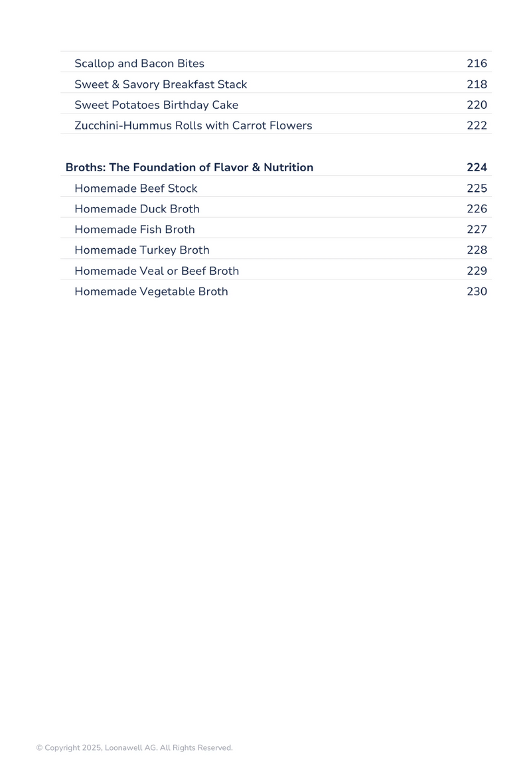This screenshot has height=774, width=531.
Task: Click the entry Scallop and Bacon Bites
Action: [x=139, y=64]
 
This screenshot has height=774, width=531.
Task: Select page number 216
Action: [x=477, y=64]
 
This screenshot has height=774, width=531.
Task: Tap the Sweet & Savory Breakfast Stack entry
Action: [x=161, y=84]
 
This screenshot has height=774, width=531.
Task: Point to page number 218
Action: [x=477, y=84]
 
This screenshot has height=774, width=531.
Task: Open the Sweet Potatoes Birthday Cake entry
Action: [x=156, y=105]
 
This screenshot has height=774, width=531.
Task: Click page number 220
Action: [x=477, y=105]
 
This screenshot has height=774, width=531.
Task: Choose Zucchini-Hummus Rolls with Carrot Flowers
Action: [x=193, y=125]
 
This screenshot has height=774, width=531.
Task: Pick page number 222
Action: [x=477, y=125]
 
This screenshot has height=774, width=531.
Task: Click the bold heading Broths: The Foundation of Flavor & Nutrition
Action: [x=189, y=167]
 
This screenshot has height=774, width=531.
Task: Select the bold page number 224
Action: [x=477, y=167]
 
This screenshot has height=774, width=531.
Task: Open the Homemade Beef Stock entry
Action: [x=136, y=189]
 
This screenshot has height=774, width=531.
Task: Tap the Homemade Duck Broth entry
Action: [x=137, y=209]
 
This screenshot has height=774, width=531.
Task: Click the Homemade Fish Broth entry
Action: [x=135, y=230]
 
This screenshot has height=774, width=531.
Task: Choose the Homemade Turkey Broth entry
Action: [x=142, y=250]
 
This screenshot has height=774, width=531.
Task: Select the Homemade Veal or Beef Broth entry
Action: [x=157, y=271]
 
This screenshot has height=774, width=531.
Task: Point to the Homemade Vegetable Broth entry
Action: [x=151, y=291]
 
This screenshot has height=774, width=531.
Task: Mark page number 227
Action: [x=477, y=230]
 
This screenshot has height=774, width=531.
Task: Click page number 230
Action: [x=477, y=291]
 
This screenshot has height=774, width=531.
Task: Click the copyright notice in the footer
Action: [x=134, y=748]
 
